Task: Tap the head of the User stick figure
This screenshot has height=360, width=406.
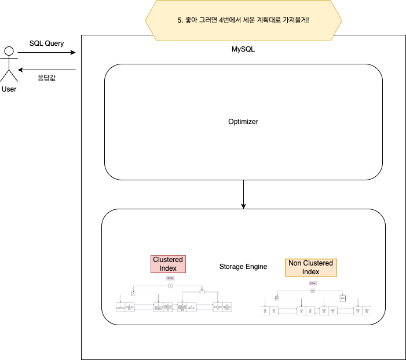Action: click(9, 50)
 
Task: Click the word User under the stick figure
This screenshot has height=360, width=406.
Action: click(9, 89)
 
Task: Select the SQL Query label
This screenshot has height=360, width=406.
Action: click(47, 43)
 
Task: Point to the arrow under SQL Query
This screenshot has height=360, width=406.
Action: click(46, 53)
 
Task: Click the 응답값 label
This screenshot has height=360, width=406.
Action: click(46, 77)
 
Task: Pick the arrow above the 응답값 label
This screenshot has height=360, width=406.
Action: click(46, 68)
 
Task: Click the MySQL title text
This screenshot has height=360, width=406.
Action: click(243, 49)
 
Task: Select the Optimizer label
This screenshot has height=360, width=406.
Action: click(243, 122)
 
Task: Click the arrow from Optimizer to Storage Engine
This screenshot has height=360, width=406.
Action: click(243, 194)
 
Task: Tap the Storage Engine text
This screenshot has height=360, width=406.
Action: click(243, 267)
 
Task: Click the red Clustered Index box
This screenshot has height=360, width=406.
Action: click(168, 264)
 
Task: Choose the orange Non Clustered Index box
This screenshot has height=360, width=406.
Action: click(311, 267)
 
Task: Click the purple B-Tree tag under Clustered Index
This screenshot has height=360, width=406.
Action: click(170, 278)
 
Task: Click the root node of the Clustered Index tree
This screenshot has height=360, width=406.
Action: click(170, 286)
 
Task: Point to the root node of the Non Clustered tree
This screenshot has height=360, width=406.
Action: click(313, 290)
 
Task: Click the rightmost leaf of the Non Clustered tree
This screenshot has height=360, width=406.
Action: click(367, 311)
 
